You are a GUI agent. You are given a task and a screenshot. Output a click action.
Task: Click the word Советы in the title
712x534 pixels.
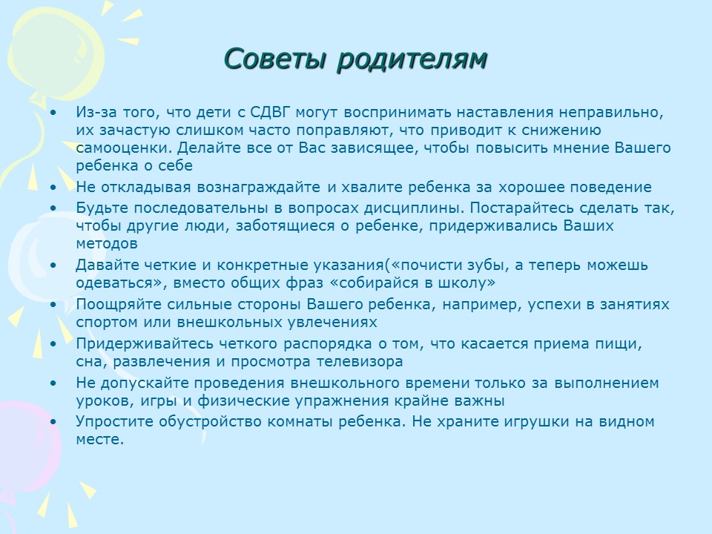point(275,59)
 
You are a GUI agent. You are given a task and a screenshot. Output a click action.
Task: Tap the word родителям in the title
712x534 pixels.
point(412,59)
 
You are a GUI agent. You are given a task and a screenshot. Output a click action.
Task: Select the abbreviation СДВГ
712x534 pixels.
point(270,112)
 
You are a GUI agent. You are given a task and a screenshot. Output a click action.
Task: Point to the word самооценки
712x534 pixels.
point(124,148)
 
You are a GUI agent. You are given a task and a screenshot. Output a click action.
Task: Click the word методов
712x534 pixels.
point(107,244)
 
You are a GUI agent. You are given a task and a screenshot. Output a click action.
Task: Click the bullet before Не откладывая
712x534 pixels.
point(53,188)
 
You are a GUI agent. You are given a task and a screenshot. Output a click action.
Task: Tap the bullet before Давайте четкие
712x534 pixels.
point(53,266)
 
